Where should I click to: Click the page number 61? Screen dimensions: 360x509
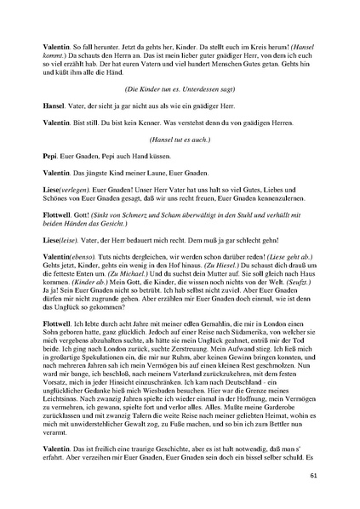(x=315, y=476)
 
